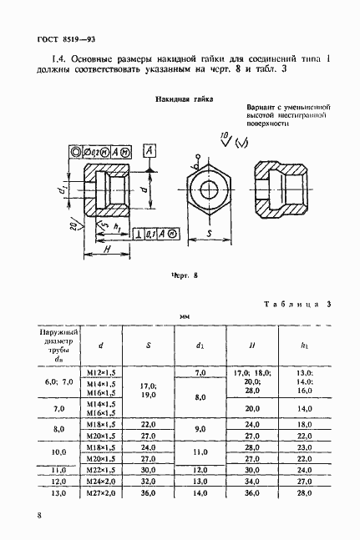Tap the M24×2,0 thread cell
coord(101,482)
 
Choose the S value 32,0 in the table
coord(149,482)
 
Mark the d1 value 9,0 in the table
coord(200,429)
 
